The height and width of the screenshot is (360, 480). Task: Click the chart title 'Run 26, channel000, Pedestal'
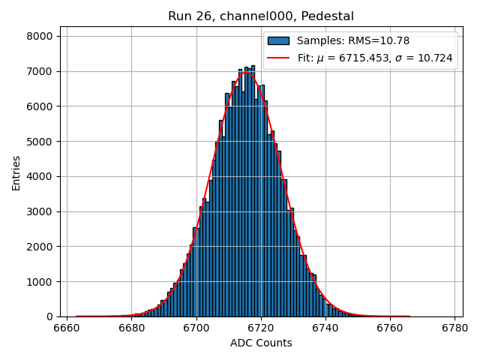(x=261, y=16)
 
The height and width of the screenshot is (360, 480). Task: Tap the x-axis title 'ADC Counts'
(x=261, y=343)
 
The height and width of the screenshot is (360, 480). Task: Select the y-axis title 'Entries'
(x=16, y=172)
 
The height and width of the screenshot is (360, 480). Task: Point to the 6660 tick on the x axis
(x=67, y=328)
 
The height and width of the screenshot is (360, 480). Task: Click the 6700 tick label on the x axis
(x=196, y=328)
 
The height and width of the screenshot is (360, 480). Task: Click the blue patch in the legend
(x=278, y=40)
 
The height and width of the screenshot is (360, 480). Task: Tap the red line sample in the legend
(x=278, y=58)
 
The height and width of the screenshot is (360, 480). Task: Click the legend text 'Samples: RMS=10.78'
(x=353, y=40)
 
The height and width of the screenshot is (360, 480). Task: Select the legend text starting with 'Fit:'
(x=374, y=58)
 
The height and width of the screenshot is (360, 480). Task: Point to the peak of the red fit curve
(x=247, y=72)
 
